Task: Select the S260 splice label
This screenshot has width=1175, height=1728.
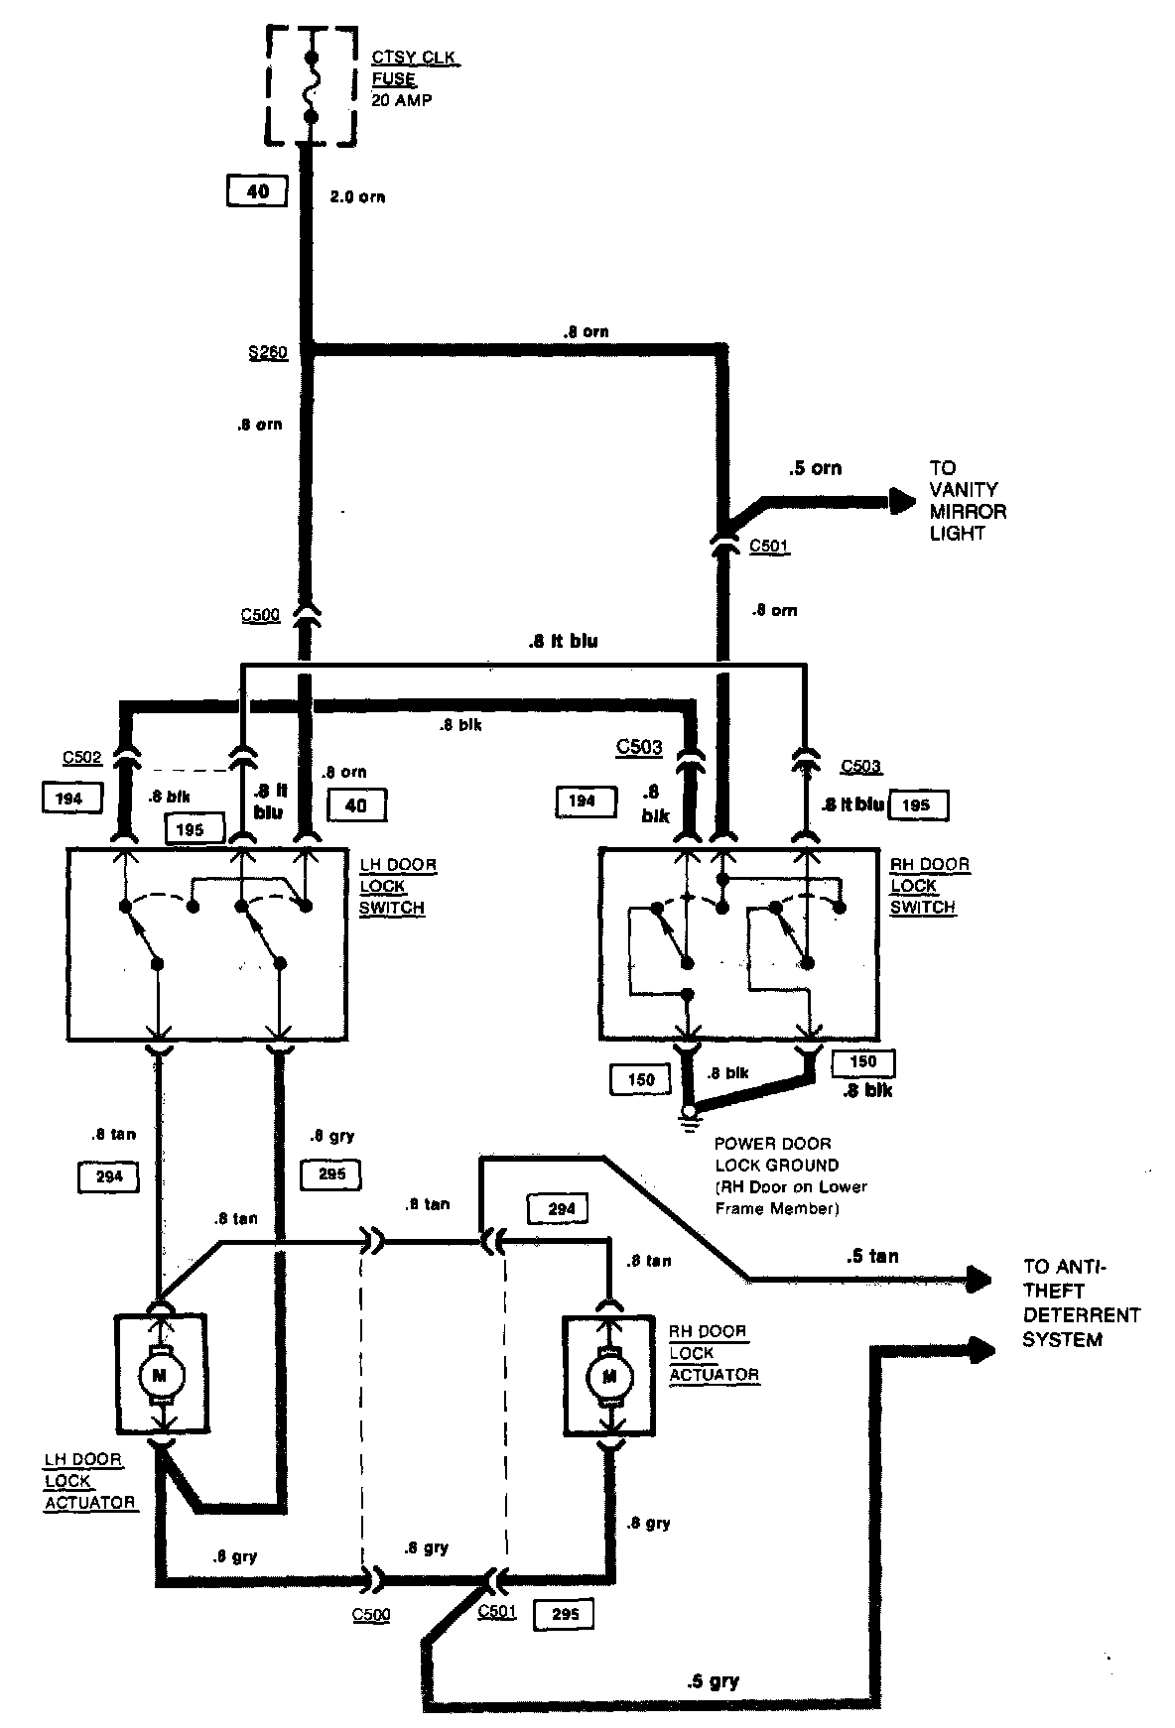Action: click(x=268, y=352)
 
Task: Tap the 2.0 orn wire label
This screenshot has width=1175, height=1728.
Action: click(x=357, y=196)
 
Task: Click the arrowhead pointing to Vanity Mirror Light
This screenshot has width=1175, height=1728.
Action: click(x=902, y=502)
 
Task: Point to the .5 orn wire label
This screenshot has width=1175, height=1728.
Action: click(x=814, y=468)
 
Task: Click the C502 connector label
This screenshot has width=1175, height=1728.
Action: click(x=82, y=758)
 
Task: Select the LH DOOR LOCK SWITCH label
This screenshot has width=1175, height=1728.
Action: click(x=398, y=886)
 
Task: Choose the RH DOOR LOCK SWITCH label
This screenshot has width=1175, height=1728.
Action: click(x=930, y=885)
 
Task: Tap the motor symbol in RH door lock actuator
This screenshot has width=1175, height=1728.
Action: click(x=607, y=1376)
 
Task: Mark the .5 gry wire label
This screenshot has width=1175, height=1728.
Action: click(x=712, y=1680)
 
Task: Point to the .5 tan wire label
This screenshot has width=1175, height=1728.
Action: click(x=872, y=1256)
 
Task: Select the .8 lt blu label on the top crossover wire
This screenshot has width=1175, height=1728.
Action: click(x=563, y=641)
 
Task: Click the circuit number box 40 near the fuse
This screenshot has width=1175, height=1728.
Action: click(x=257, y=190)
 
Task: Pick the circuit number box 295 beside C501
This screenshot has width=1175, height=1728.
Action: click(x=564, y=1614)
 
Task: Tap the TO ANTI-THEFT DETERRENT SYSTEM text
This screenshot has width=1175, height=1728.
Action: click(x=1082, y=1302)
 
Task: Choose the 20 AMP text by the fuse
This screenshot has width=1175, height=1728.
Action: click(x=402, y=100)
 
